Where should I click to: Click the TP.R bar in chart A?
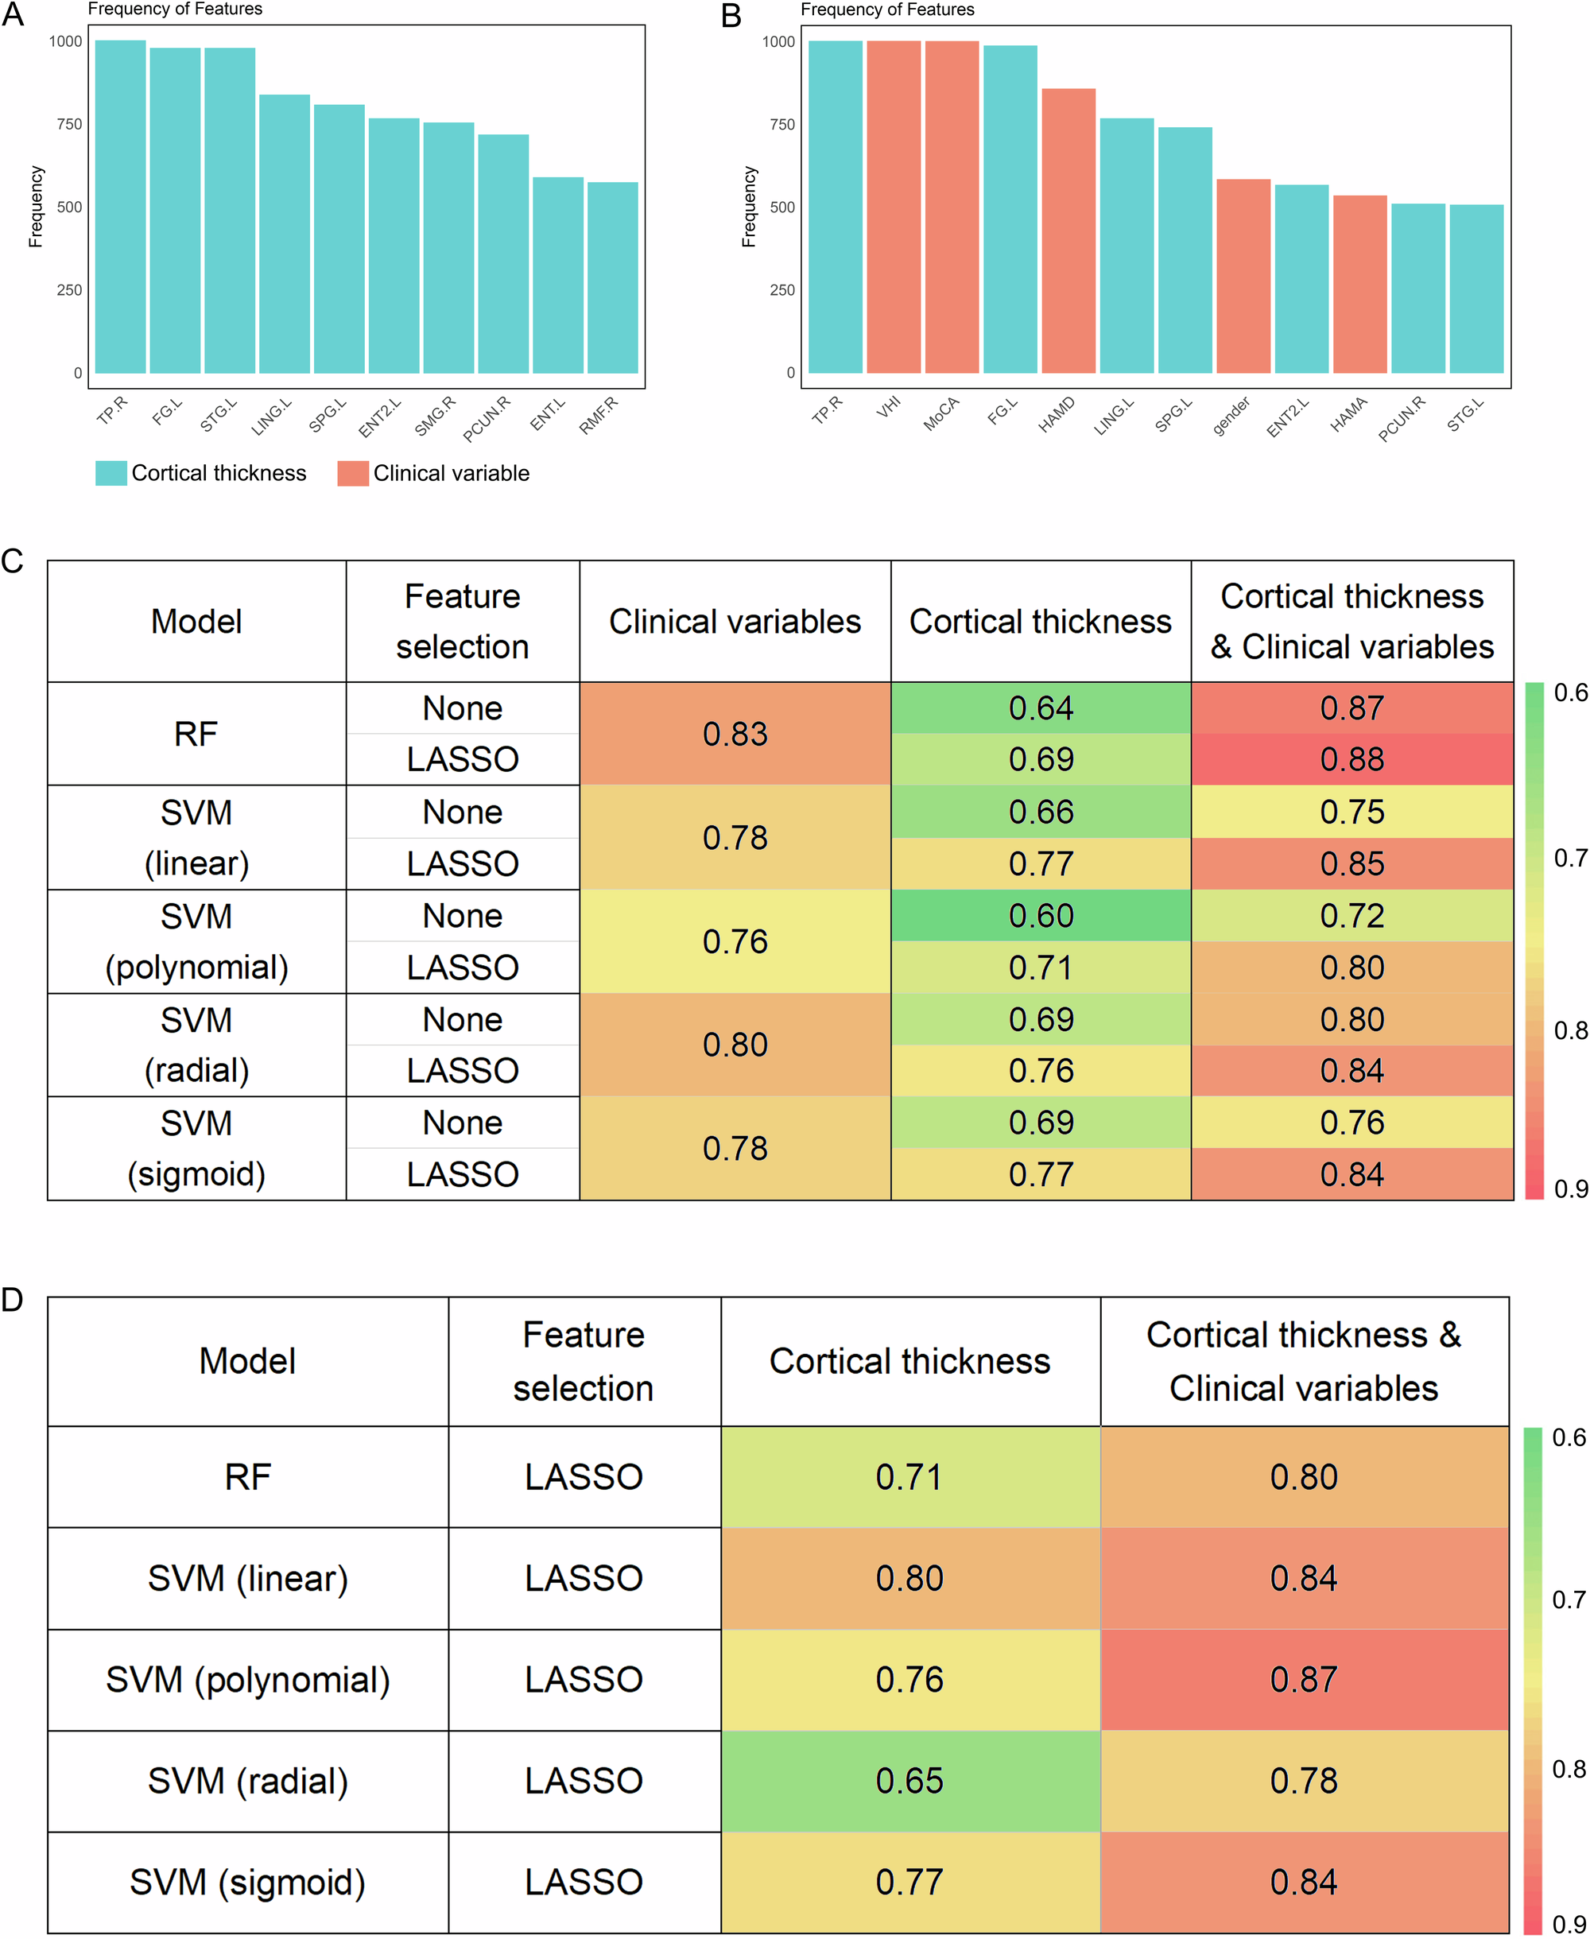(120, 206)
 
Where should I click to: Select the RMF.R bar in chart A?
(613, 277)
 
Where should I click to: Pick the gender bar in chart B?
(1243, 276)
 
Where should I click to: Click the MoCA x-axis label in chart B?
(940, 415)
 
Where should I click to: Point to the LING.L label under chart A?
(272, 416)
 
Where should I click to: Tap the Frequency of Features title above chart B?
(886, 10)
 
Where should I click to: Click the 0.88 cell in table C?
(1351, 758)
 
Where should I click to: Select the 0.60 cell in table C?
(1041, 915)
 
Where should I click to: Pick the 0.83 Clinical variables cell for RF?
(735, 733)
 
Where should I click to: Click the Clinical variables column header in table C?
(735, 621)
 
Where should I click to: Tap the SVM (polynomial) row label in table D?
(247, 1679)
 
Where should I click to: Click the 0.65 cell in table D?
(909, 1780)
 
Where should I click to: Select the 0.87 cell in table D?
(1303, 1679)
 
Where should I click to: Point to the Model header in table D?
(247, 1360)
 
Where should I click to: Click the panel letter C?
(12, 560)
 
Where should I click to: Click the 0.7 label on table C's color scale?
(1570, 859)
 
